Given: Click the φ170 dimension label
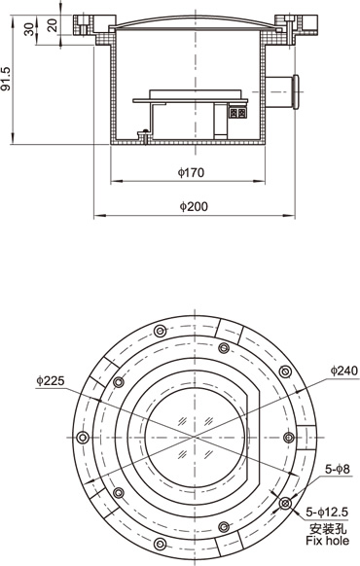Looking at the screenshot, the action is pos(191,173).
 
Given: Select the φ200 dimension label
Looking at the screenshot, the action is pos(194,206).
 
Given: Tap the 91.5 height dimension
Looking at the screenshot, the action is pos(6,79).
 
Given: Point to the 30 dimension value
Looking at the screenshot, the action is pos(29,29).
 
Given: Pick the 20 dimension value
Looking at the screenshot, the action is pos(53,25).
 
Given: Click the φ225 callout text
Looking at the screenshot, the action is pos(51,380).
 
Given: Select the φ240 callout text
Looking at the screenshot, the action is pos(344,371).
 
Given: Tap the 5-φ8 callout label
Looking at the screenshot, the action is pos(338,469).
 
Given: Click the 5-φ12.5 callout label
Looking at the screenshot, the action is pos(327,512).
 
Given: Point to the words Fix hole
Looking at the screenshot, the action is pos(328,541).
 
